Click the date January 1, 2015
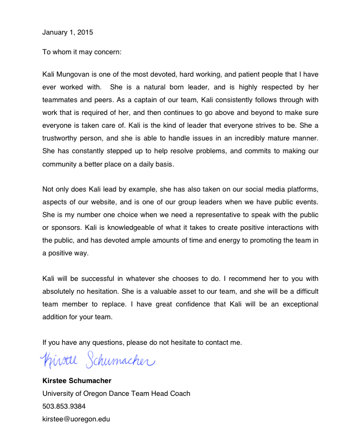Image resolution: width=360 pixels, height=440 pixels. click(x=68, y=32)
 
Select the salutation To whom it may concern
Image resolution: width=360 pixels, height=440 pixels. click(x=82, y=52)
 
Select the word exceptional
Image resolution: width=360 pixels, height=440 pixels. click(x=296, y=304)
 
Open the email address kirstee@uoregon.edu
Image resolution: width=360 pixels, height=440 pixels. click(x=76, y=419)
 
